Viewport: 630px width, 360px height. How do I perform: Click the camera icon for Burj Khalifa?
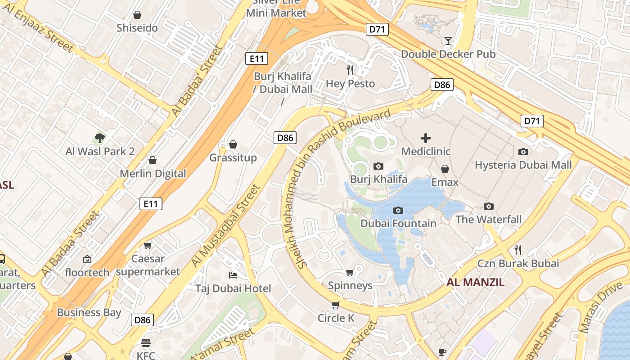[x=378, y=166]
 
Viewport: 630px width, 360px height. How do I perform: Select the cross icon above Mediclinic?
[x=425, y=138]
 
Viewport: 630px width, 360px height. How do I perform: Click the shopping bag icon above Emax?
[x=445, y=169]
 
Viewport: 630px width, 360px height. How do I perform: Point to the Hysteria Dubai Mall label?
[x=523, y=165]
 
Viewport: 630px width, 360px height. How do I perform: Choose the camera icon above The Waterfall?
[x=488, y=207]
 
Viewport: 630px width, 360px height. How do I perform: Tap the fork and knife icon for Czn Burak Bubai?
[x=518, y=250]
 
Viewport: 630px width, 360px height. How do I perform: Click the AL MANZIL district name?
[x=475, y=283]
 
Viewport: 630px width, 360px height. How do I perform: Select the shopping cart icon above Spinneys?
[x=350, y=272]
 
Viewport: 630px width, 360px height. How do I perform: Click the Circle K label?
[x=336, y=318]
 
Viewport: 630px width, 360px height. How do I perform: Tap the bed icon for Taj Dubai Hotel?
[x=233, y=275]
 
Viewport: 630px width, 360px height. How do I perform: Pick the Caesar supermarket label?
[x=148, y=265]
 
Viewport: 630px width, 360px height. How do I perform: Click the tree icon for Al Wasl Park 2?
[x=100, y=138]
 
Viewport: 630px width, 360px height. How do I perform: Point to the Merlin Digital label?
[x=153, y=174]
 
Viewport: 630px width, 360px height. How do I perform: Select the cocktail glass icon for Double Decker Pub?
[x=448, y=41]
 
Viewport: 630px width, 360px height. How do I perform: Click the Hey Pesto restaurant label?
[x=350, y=84]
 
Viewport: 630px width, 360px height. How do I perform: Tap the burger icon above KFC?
[x=145, y=342]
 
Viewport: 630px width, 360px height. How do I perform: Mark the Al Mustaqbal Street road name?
[x=226, y=225]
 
